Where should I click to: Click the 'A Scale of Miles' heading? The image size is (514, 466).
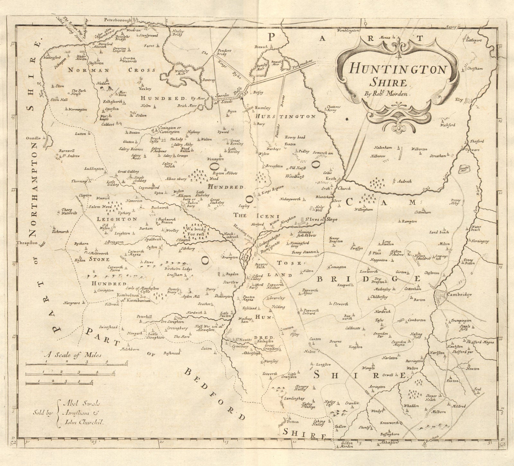point(73,355)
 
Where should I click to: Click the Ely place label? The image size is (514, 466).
point(459,100)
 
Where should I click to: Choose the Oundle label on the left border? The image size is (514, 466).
point(34,138)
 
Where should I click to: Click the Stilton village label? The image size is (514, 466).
point(142,115)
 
